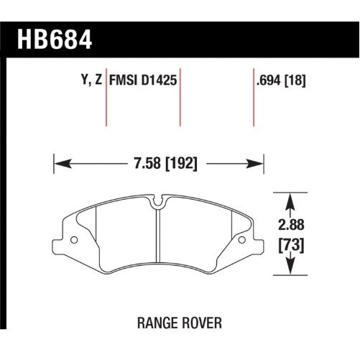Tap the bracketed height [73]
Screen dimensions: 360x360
[x=289, y=246]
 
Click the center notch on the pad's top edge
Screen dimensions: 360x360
[x=157, y=204]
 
